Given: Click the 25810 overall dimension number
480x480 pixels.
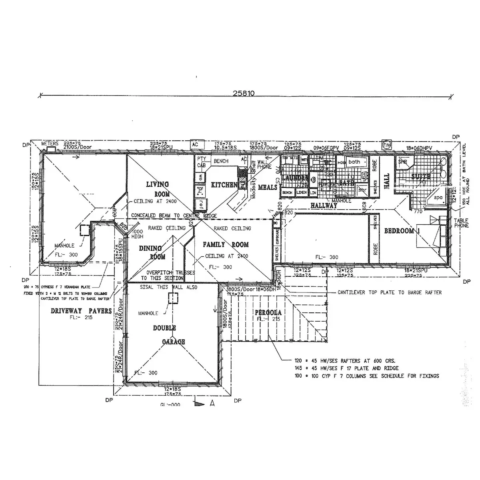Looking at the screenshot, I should pos(244,93).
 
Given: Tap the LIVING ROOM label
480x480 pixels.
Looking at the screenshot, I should pos(157,189).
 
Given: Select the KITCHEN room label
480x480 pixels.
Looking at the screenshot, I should pos(224,185).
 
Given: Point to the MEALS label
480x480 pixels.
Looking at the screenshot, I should pos(268,187).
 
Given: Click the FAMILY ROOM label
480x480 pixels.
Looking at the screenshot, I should pos(226,245).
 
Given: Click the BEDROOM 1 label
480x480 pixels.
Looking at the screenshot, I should pos(402,231).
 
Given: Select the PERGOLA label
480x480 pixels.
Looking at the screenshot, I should pos(268,312).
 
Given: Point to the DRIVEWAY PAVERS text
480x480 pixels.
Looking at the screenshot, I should pos(81,311).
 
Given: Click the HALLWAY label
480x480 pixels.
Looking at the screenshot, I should pos(324,206).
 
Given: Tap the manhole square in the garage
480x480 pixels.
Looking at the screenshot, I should pos(173,298).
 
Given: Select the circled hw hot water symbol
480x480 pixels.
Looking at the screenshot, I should pos(386,144).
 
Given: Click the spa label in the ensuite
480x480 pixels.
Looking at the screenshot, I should pos(438,198).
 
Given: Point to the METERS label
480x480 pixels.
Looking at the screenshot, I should pos(50,144).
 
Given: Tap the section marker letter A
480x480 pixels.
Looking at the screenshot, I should pos(212,404).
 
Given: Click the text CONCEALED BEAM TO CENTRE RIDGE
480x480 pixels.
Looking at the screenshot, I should pos(174,216).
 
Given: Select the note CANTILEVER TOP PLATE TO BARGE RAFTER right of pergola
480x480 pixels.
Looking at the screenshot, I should pos(390,292).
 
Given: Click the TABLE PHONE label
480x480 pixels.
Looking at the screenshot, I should pos(461,223).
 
